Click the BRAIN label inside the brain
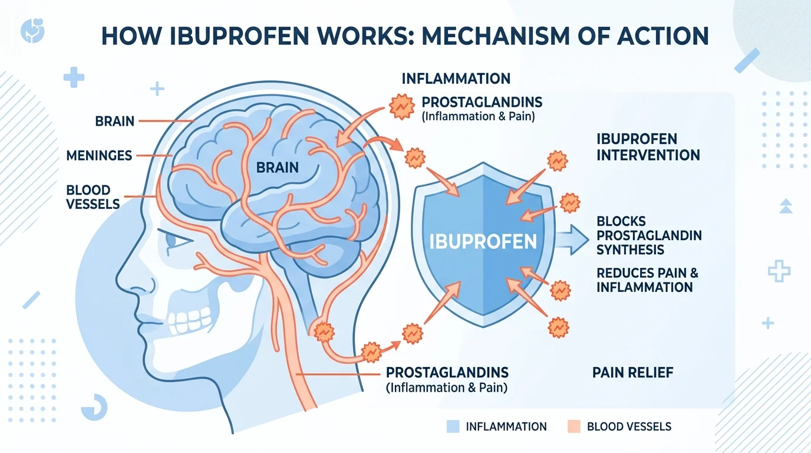click(278, 167)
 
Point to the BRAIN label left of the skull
click(114, 122)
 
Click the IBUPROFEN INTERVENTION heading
click(648, 147)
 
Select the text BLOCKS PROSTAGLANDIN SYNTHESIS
click(649, 235)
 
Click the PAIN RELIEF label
click(632, 372)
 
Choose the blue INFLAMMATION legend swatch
click(453, 426)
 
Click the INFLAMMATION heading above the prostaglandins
click(456, 78)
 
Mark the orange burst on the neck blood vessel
click(323, 332)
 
